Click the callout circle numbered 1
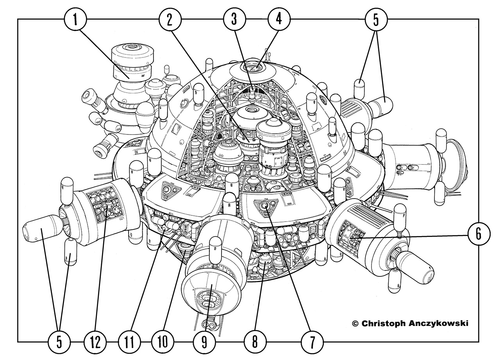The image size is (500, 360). [x=76, y=18]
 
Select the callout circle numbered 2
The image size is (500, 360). [x=170, y=18]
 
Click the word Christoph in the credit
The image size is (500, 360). [x=384, y=323]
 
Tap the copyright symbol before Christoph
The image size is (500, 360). [x=355, y=324]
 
